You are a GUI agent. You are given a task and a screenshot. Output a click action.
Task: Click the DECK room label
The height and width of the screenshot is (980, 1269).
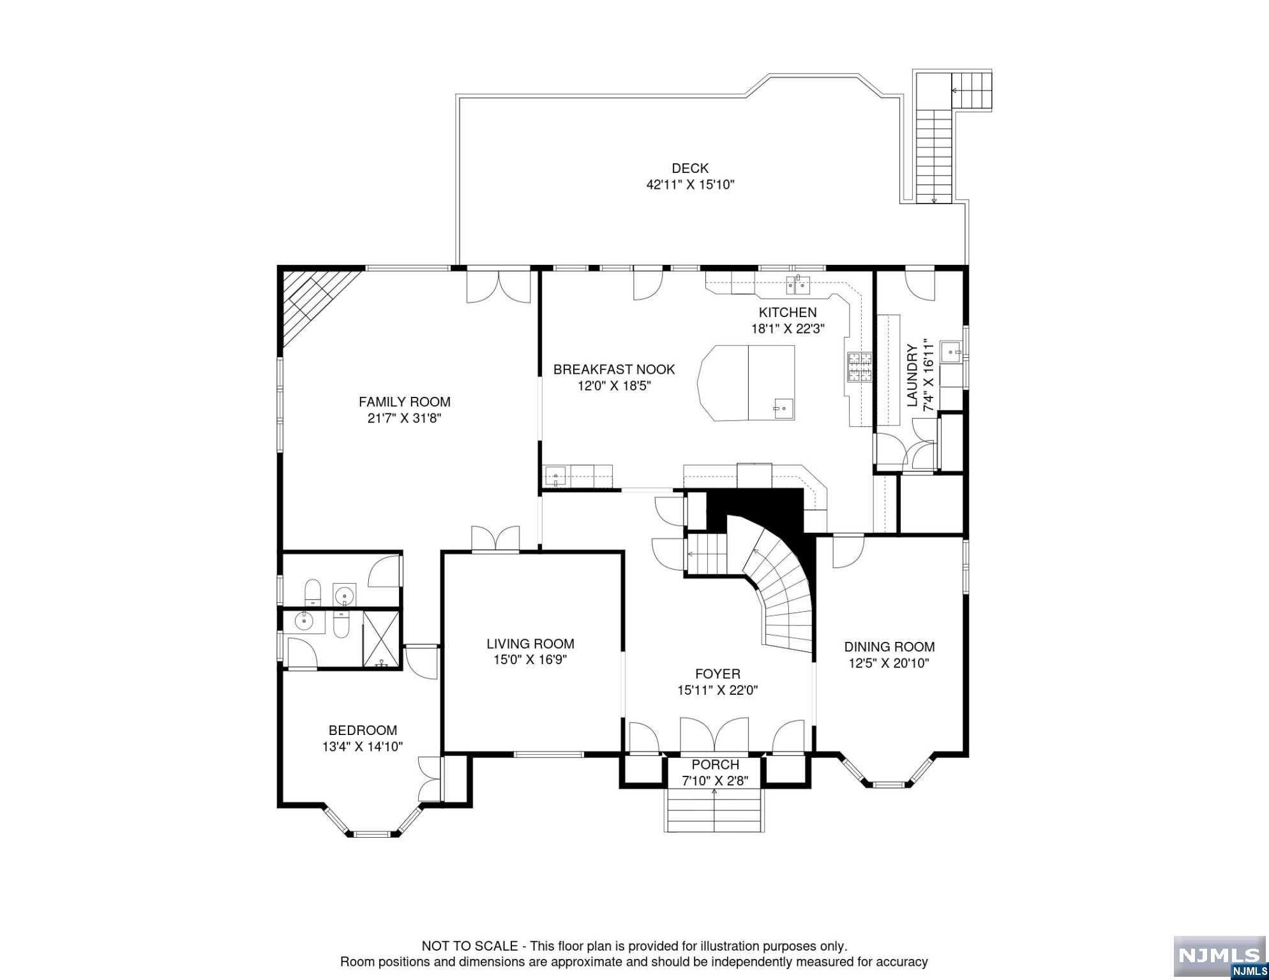point(690,168)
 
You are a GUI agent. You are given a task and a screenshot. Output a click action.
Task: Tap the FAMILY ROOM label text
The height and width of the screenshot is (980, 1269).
point(405,402)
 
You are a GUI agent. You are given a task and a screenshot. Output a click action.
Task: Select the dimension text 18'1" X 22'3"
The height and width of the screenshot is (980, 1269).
point(788,329)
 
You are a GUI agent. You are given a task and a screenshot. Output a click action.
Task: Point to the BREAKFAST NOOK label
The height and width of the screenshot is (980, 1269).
point(614,369)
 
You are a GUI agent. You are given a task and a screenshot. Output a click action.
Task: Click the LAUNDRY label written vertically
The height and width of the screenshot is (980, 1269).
point(912,376)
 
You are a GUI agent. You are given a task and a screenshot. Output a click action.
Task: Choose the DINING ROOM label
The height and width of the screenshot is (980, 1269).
point(889,647)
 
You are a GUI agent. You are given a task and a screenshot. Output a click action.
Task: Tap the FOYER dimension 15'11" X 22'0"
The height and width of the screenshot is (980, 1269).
point(717,690)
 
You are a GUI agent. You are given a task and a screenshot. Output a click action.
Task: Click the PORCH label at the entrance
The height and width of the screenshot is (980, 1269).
point(715,764)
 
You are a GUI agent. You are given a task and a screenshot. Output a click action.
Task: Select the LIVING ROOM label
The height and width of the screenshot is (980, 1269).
point(530,644)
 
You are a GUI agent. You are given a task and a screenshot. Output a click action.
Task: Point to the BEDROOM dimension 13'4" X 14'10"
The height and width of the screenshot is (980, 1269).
point(363,747)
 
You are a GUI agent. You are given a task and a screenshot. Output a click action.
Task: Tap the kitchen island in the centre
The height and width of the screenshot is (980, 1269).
point(747,383)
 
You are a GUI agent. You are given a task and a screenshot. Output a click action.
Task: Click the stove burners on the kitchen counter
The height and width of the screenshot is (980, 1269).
point(859,367)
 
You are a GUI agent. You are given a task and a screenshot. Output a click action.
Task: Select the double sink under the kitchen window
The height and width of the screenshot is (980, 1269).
point(797,285)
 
